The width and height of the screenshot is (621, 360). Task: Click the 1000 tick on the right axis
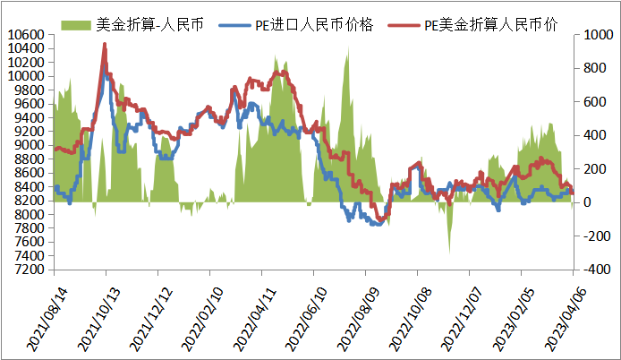pyautogui.click(x=593, y=35)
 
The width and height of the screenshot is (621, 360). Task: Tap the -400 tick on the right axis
pyautogui.click(x=593, y=270)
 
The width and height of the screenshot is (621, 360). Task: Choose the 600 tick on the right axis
pyautogui.click(x=591, y=102)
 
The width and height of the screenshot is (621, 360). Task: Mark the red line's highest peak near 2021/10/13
pyautogui.click(x=106, y=43)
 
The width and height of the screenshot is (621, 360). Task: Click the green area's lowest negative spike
pyautogui.click(x=449, y=253)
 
